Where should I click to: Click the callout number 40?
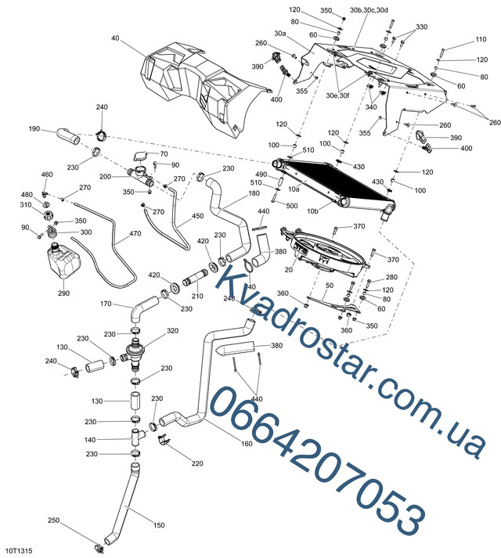pos(115,38)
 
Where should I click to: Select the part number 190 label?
pos(34,129)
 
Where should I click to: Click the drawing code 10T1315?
pos(18,551)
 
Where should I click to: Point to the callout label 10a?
pos(294,189)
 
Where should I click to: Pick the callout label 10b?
pos(313,211)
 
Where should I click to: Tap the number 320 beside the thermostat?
pos(172,331)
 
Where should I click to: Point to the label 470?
pos(135,233)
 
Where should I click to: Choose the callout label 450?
pos(197,216)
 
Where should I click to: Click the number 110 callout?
pos(481,41)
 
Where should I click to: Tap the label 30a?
pos(280,33)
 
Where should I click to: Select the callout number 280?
pos(391,278)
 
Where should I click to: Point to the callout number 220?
pos(196,463)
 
